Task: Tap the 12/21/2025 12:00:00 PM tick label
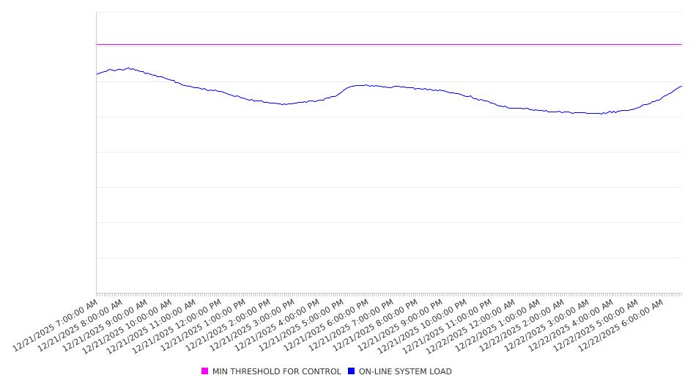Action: (179, 325)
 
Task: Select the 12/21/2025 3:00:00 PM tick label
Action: (253, 325)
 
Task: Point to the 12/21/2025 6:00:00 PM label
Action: (326, 325)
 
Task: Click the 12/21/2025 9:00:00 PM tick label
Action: (400, 325)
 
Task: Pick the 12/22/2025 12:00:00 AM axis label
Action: (473, 325)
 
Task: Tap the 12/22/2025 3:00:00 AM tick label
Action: (547, 325)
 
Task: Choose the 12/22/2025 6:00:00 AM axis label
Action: (621, 325)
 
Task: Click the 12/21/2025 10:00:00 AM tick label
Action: (130, 325)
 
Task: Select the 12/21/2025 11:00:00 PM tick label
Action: (449, 325)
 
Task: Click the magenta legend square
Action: (205, 371)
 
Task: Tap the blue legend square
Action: (352, 371)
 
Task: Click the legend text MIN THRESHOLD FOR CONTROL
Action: (276, 371)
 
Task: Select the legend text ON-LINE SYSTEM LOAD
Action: (405, 371)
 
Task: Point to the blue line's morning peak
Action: (129, 68)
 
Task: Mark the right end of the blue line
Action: (681, 86)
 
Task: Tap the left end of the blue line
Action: (97, 74)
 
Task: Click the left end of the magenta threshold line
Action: (97, 44)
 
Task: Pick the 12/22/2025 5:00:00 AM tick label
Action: (596, 325)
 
